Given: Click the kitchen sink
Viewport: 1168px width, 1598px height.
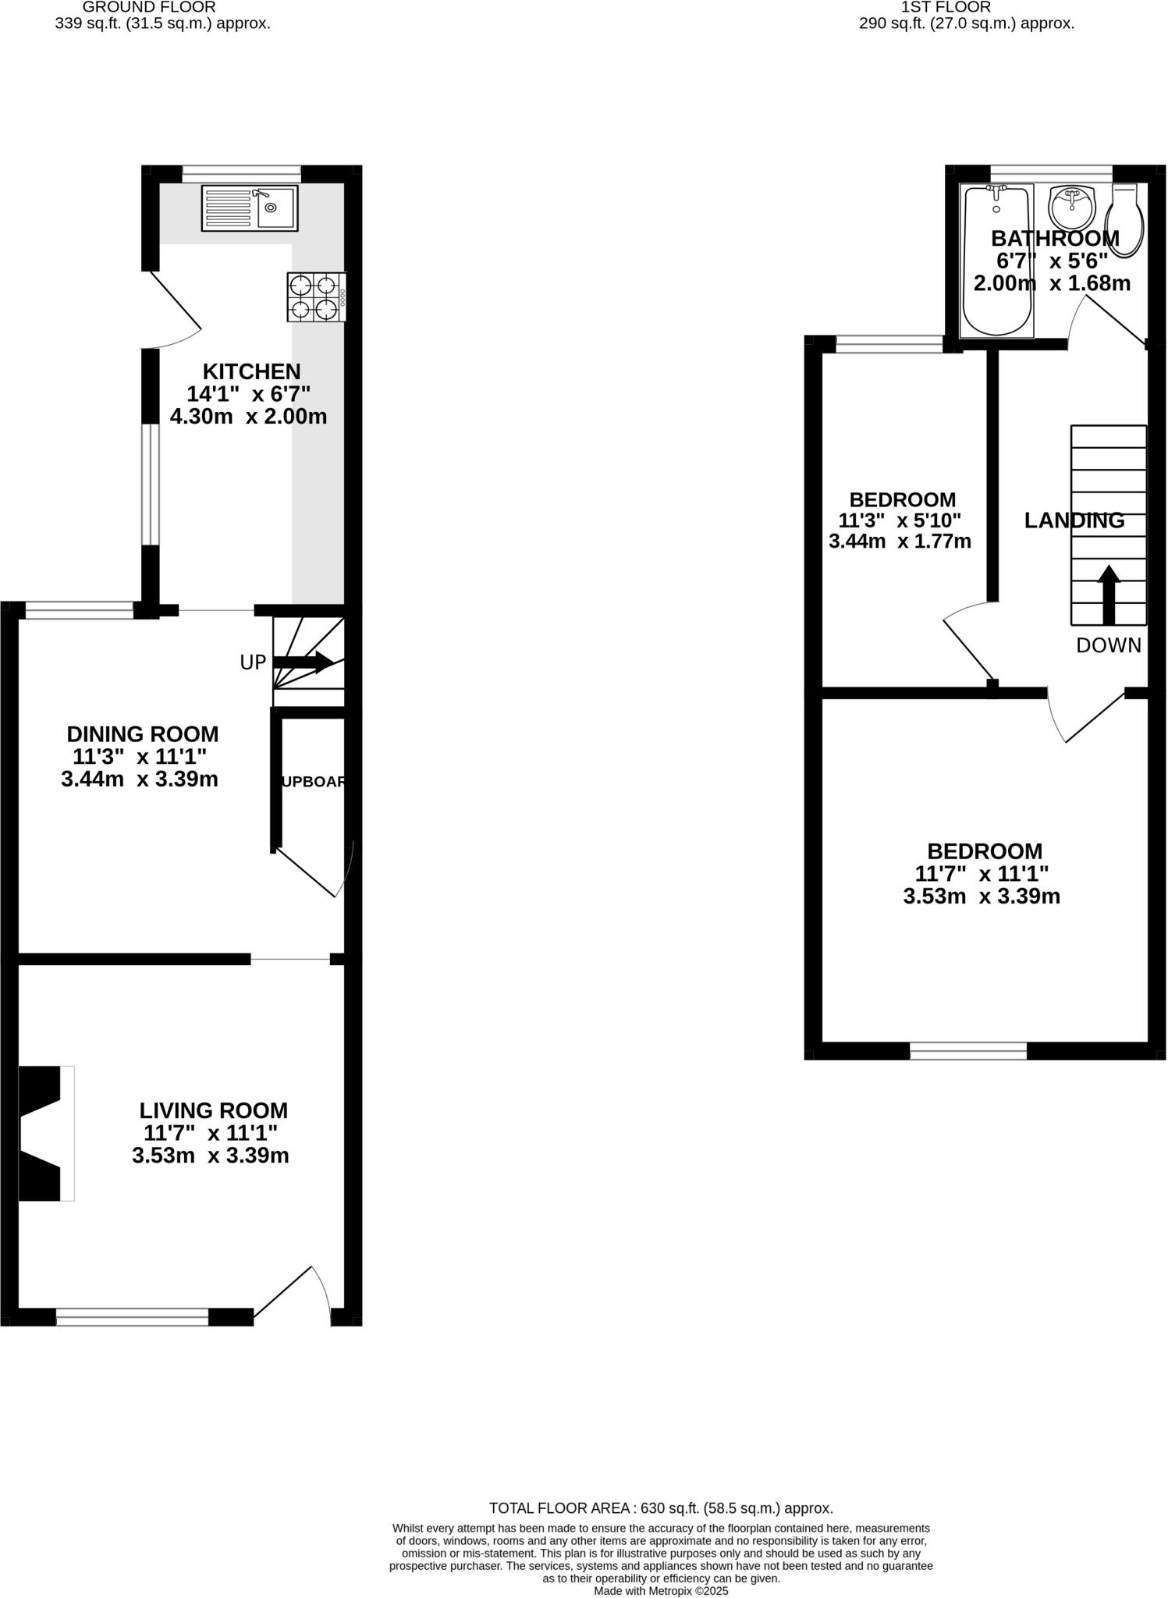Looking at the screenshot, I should click(x=250, y=208).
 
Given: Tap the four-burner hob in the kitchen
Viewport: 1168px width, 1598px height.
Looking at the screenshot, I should click(x=316, y=297).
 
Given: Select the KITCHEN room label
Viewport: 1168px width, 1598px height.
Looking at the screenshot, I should click(x=251, y=371).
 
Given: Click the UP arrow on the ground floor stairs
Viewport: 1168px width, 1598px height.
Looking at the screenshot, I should click(x=304, y=663).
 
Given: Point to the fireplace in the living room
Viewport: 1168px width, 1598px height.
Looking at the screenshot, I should click(x=43, y=1133).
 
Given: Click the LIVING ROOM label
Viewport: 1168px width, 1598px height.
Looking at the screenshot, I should click(x=213, y=1110).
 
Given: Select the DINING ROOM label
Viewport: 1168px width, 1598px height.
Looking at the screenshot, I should click(x=142, y=734).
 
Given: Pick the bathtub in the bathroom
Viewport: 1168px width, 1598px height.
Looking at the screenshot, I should click(x=996, y=261).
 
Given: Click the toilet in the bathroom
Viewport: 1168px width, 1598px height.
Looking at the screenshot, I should click(x=1127, y=221).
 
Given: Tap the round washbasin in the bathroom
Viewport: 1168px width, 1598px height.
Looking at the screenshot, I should click(x=1074, y=206).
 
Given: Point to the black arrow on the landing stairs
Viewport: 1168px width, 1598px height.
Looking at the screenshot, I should click(x=1109, y=595).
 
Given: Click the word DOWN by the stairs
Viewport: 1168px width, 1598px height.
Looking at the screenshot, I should click(x=1108, y=645).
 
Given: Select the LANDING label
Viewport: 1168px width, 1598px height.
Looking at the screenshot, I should click(x=1074, y=520).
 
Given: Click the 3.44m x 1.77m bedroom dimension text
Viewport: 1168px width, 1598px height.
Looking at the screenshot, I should click(x=900, y=541).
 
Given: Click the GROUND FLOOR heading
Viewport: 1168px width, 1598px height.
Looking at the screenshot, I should click(x=149, y=7).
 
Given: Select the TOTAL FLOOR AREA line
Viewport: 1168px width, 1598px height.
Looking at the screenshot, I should click(x=661, y=1508).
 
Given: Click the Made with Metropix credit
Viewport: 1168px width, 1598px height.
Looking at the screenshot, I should click(x=661, y=1590).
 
